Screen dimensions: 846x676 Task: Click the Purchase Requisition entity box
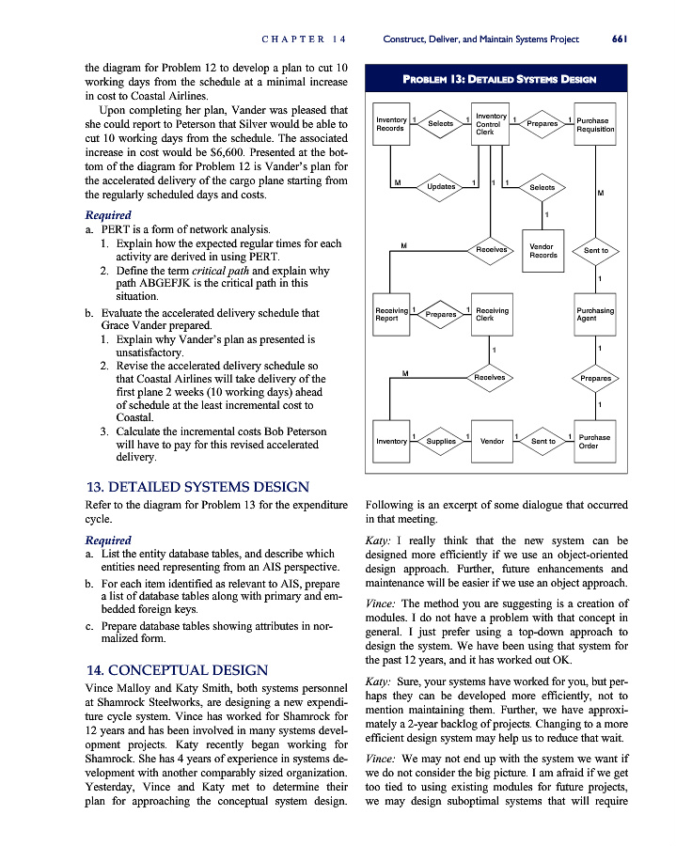click(x=594, y=125)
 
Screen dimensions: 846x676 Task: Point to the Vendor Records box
click(x=542, y=251)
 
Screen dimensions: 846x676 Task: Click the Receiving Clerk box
click(x=491, y=314)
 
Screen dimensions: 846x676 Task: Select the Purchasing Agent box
click(x=595, y=314)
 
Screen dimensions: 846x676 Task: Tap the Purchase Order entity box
click(x=594, y=440)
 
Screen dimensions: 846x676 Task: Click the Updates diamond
click(x=440, y=186)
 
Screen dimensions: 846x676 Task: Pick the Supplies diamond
click(x=440, y=440)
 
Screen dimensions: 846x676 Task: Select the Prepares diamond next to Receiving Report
click(x=440, y=315)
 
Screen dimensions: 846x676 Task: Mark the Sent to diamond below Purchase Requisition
click(x=595, y=251)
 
